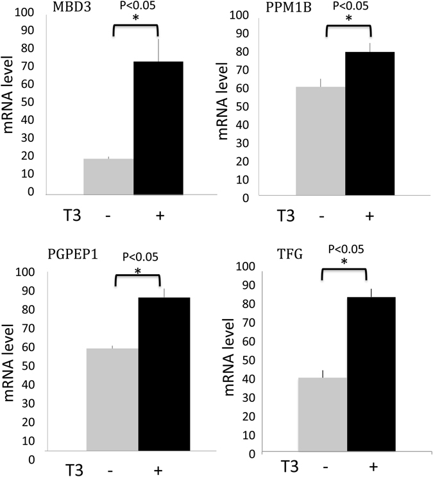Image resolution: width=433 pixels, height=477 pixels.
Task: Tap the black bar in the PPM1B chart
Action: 370,125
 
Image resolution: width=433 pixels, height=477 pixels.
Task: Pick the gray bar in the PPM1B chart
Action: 321,142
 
